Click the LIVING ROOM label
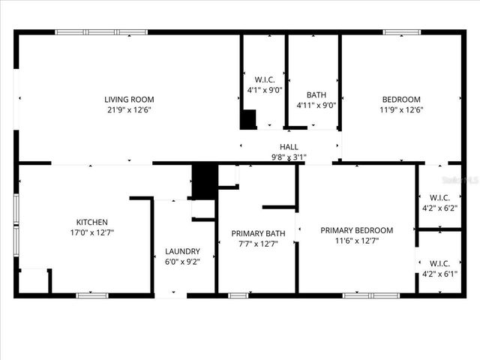(129, 99)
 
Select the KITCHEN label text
(92, 222)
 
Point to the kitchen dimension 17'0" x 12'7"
(92, 232)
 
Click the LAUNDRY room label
(182, 251)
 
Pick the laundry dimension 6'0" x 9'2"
(182, 262)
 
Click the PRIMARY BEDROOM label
(356, 230)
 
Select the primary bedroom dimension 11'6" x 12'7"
(356, 241)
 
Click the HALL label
(289, 147)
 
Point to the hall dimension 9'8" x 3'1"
(289, 157)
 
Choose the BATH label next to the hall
(316, 94)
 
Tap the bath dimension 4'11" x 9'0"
(316, 105)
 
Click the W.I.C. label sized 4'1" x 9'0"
(265, 79)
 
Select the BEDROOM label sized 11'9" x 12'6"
(401, 99)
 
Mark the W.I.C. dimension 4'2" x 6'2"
(439, 208)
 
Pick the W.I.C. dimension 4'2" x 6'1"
(439, 274)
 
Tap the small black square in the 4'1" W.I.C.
(247, 119)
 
